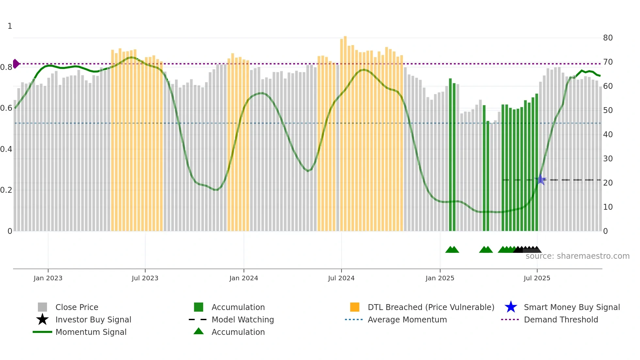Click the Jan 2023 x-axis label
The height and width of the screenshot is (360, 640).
click(x=48, y=278)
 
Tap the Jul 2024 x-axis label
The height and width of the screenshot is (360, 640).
click(x=341, y=278)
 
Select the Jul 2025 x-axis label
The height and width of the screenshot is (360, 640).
click(x=537, y=278)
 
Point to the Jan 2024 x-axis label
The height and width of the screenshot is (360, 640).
click(x=244, y=278)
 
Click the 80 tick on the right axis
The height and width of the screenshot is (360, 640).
click(x=608, y=38)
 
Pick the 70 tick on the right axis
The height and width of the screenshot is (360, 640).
click(x=608, y=62)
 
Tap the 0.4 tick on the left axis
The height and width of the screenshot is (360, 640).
click(x=6, y=149)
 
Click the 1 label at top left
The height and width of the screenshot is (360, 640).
click(x=10, y=26)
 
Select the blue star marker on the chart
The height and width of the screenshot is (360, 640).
click(x=541, y=180)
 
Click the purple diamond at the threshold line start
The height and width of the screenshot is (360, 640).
click(x=16, y=64)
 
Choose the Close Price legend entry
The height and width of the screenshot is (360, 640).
click(x=77, y=307)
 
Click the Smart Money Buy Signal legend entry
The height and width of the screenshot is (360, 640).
click(x=571, y=307)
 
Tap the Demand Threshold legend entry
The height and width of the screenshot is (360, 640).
click(x=561, y=319)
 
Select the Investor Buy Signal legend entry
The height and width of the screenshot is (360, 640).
click(x=93, y=319)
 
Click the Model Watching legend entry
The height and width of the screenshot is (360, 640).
click(x=242, y=319)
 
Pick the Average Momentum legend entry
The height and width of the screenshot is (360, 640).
click(x=407, y=319)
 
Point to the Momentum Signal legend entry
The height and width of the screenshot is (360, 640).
click(x=91, y=332)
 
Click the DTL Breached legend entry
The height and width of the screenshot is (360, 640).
click(x=431, y=307)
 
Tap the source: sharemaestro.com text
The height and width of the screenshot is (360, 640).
click(x=577, y=256)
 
